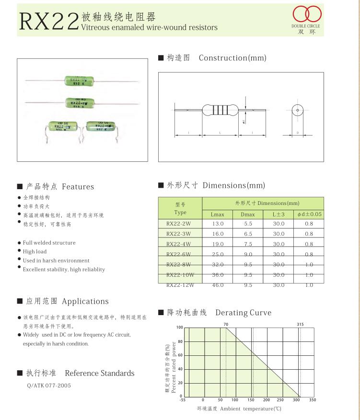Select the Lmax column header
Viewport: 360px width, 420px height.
coord(217,215)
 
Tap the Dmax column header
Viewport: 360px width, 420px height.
coord(248,215)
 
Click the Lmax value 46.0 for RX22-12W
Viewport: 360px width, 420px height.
coord(218,285)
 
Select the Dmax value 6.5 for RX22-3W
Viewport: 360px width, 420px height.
coord(248,234)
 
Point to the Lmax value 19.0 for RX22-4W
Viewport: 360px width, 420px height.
coord(218,244)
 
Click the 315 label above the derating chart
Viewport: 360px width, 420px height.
coord(300,324)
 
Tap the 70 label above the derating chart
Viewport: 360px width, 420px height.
coord(226,324)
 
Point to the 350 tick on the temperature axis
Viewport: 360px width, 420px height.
coord(313,400)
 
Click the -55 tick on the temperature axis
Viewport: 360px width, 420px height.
coord(183,400)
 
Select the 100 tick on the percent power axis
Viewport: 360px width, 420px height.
coord(179,328)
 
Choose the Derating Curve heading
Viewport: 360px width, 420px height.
coord(243,313)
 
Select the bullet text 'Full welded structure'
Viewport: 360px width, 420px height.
coord(49,243)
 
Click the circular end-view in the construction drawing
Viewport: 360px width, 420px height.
coord(296,111)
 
